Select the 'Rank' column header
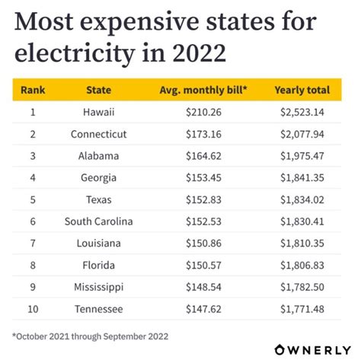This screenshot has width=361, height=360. click(32, 90)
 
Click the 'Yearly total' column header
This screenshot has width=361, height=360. click(302, 90)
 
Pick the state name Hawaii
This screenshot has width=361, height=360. click(98, 112)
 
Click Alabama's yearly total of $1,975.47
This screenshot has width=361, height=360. click(302, 156)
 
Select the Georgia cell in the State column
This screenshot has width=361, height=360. click(98, 178)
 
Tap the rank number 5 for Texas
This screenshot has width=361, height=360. click(32, 199)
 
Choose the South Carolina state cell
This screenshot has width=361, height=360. click(98, 221)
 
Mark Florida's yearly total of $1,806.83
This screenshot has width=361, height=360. click(302, 266)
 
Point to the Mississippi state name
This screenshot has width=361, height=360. click(98, 287)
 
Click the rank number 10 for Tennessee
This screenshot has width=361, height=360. click(32, 309)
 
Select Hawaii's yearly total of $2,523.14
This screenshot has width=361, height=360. click(302, 112)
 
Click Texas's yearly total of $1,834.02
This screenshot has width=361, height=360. click(302, 199)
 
